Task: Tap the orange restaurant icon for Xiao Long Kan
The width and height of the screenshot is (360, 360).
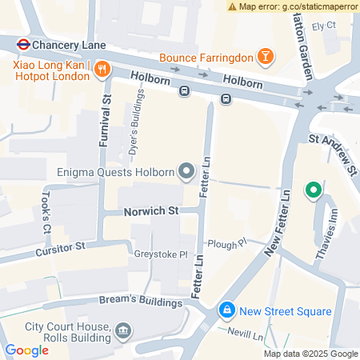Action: pyautogui.click(x=101, y=70)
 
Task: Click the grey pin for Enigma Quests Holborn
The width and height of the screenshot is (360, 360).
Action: pyautogui.click(x=186, y=170)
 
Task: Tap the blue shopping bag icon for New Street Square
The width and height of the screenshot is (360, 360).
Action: pyautogui.click(x=227, y=310)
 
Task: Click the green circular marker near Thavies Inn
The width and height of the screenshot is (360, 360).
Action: pyautogui.click(x=314, y=190)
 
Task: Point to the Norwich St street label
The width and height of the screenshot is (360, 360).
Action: pyautogui.click(x=150, y=213)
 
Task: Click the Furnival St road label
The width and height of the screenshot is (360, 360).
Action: pyautogui.click(x=103, y=117)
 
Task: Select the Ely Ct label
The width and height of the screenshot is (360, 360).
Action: pyautogui.click(x=322, y=26)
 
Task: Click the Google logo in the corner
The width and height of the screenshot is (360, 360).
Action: pyautogui.click(x=27, y=350)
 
